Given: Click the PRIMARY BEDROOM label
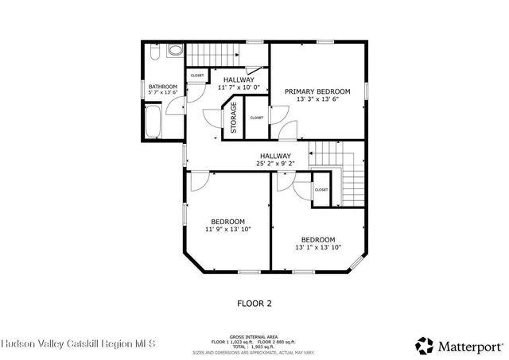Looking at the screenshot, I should pyautogui.click(x=317, y=91).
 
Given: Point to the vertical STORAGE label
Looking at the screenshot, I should pyautogui.click(x=234, y=118).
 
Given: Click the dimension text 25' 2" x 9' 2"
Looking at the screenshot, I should pyautogui.click(x=275, y=164).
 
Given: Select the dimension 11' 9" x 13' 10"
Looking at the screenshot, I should pyautogui.click(x=227, y=229).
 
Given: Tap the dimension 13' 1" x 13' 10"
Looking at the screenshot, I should pyautogui.click(x=317, y=248).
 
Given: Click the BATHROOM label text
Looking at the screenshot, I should pyautogui.click(x=162, y=86).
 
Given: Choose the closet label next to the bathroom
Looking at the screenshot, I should pyautogui.click(x=197, y=75).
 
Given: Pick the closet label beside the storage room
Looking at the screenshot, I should pyautogui.click(x=257, y=118).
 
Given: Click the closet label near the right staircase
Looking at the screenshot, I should pyautogui.click(x=321, y=190).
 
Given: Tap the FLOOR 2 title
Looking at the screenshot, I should pyautogui.click(x=254, y=303).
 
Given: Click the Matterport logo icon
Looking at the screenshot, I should pyautogui.click(x=425, y=346).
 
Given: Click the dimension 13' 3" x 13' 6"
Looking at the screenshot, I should pyautogui.click(x=317, y=100).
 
